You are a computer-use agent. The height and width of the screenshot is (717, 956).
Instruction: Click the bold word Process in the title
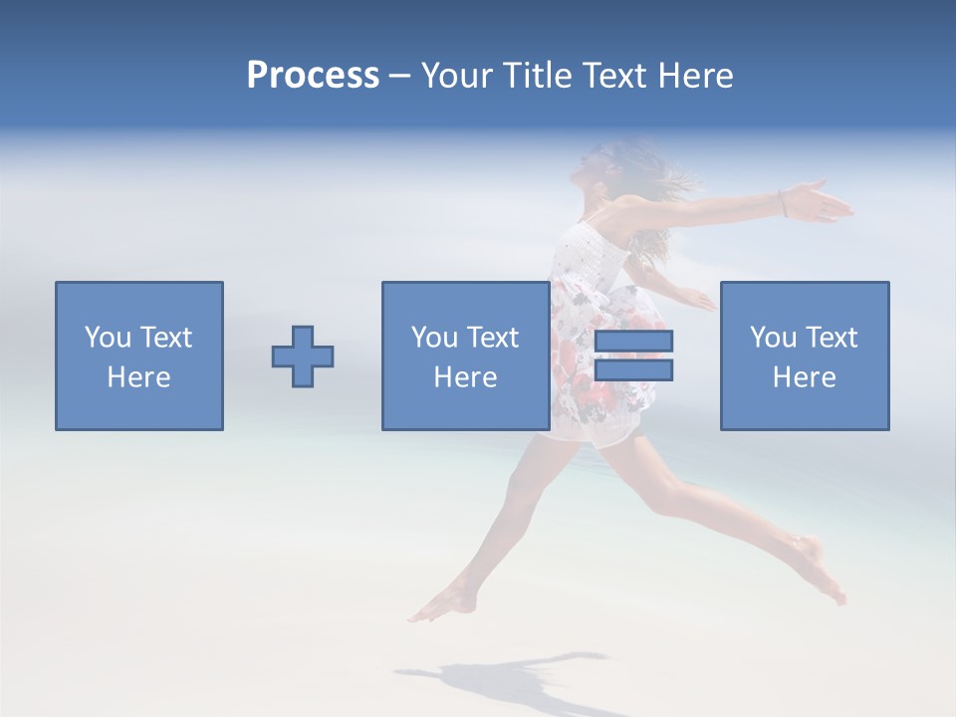click(x=313, y=76)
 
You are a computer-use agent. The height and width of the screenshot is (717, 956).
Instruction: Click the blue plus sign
click(x=303, y=357)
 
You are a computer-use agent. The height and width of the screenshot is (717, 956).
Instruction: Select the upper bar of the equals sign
click(x=633, y=341)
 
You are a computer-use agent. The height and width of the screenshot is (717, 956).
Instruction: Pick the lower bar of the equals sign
click(x=633, y=370)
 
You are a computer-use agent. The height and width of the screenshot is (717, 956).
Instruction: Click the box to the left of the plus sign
click(x=139, y=356)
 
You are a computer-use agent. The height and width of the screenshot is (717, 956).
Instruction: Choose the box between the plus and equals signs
click(x=465, y=356)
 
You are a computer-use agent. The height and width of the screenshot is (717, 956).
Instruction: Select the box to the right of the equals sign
click(x=805, y=356)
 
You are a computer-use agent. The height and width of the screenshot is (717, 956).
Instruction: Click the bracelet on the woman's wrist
click(x=784, y=203)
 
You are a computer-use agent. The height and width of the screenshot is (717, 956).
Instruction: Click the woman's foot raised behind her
click(x=823, y=568)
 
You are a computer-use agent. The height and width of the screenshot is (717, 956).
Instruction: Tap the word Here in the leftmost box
click(x=138, y=377)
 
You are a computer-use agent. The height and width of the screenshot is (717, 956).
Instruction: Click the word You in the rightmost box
click(x=772, y=338)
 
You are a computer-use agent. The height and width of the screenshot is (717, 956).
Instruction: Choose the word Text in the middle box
click(x=492, y=338)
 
